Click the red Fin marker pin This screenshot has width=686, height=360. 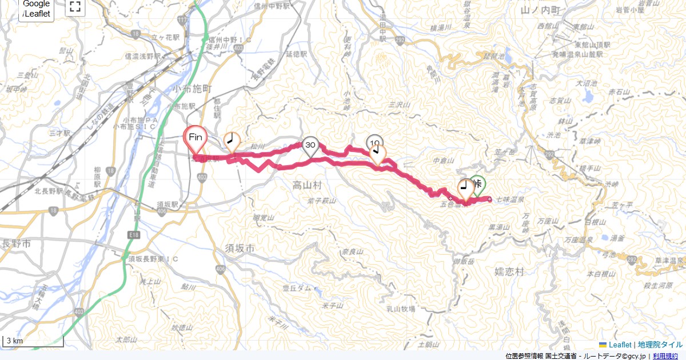[x=196, y=138]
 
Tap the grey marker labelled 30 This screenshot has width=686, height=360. [x=310, y=146]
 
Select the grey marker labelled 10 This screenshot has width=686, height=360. [x=374, y=142]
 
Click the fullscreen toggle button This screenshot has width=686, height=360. [x=74, y=7]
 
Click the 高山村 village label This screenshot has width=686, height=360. [x=308, y=185]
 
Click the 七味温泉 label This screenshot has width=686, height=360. [x=510, y=199]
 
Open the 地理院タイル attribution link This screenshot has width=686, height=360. [x=660, y=345]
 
